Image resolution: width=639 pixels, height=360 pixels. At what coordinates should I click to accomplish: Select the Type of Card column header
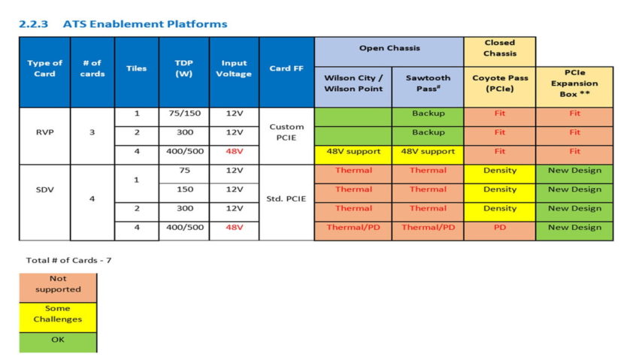pyautogui.click(x=44, y=68)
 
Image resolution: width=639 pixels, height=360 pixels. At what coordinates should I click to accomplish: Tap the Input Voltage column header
pyautogui.click(x=234, y=68)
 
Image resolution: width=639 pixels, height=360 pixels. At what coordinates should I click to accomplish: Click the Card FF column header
pyautogui.click(x=286, y=68)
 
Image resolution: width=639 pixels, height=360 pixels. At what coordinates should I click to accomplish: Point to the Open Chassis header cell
pyautogui.click(x=389, y=48)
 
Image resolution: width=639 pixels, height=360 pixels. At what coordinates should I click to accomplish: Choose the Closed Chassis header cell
pyautogui.click(x=499, y=48)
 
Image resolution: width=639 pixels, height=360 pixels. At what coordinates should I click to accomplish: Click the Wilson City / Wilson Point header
pyautogui.click(x=353, y=83)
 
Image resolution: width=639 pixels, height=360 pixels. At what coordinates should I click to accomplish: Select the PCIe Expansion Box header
pyautogui.click(x=574, y=83)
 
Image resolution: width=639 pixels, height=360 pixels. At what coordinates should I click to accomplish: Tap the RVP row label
pyautogui.click(x=44, y=133)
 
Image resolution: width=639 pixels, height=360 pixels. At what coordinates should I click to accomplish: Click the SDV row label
pyautogui.click(x=44, y=189)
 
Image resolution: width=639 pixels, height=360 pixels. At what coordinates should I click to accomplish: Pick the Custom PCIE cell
pyautogui.click(x=286, y=133)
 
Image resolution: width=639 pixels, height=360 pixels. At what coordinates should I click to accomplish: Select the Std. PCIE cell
pyautogui.click(x=286, y=199)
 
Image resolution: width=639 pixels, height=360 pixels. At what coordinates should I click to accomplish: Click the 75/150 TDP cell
pyautogui.click(x=183, y=113)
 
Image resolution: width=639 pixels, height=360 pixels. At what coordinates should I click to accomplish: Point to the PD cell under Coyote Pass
pyautogui.click(x=499, y=228)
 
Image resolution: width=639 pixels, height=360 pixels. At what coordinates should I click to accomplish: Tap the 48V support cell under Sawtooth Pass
pyautogui.click(x=427, y=152)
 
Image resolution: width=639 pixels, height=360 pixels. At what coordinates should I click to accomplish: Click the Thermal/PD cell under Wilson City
pyautogui.click(x=353, y=228)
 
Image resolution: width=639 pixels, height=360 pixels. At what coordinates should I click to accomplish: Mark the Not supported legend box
pyautogui.click(x=58, y=284)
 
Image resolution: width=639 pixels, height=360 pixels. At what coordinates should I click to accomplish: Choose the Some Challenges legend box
pyautogui.click(x=58, y=313)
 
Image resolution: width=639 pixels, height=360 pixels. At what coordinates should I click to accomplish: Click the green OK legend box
pyautogui.click(x=58, y=340)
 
